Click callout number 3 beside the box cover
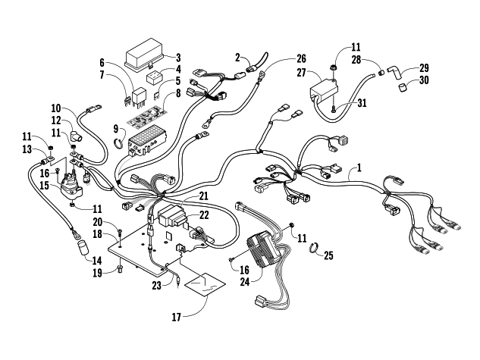point(179,57)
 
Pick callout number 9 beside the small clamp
point(115,130)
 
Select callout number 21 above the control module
point(203,196)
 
